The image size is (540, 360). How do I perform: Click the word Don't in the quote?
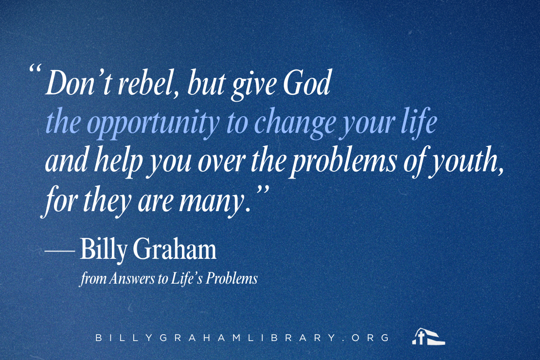pyautogui.click(x=78, y=83)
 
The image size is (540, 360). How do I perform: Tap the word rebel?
pyautogui.click(x=147, y=83)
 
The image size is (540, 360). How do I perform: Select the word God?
pyautogui.click(x=307, y=83)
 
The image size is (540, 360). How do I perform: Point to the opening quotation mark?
pyautogui.click(x=35, y=68)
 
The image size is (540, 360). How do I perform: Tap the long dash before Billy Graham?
pyautogui.click(x=59, y=251)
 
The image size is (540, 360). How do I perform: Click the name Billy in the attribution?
pyautogui.click(x=103, y=250)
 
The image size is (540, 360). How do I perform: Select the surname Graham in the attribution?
pyautogui.click(x=175, y=248)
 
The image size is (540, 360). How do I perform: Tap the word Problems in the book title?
pyautogui.click(x=232, y=278)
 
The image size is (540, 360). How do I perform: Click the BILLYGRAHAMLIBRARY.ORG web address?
pyautogui.click(x=242, y=337)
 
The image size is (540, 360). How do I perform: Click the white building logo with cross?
pyautogui.click(x=428, y=336)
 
